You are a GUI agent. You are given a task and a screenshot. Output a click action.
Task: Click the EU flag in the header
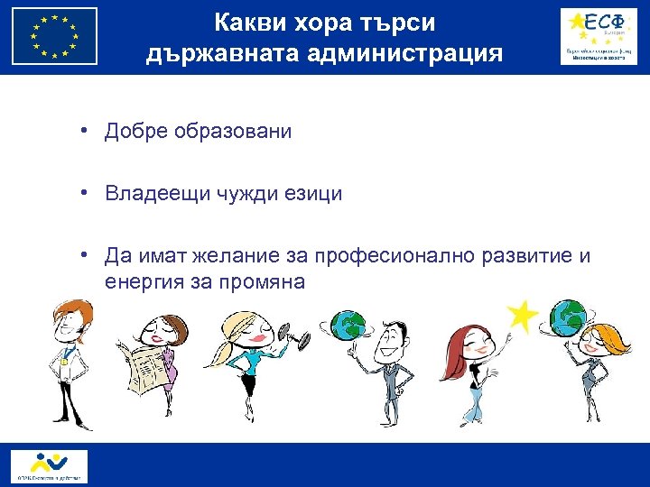[x=55, y=37]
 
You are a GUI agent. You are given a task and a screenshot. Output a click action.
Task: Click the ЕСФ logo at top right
[x=597, y=36]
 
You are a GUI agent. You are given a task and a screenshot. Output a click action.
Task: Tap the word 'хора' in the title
[x=320, y=22]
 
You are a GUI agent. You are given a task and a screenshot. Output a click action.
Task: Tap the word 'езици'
[x=317, y=193]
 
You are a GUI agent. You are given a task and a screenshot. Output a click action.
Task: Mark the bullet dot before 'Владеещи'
[x=81, y=193]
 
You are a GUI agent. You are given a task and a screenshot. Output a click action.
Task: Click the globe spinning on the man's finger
[x=348, y=326]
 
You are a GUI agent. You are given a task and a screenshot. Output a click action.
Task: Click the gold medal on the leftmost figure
[x=64, y=361]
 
